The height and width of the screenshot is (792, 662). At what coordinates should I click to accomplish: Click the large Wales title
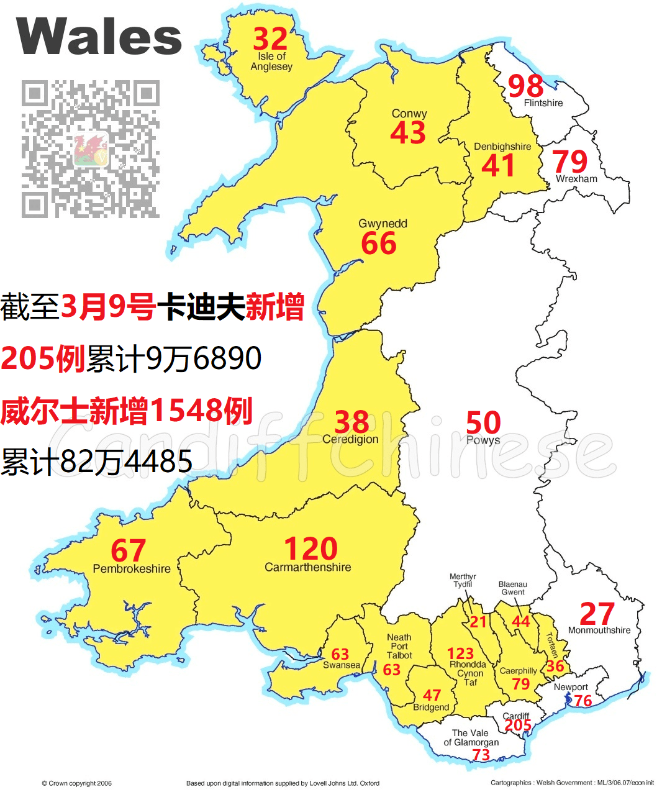(99, 36)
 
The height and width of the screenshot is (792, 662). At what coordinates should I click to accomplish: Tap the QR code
(91, 148)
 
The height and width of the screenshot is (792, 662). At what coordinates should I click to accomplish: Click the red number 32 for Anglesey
(270, 40)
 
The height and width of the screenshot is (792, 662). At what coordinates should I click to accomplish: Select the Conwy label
(409, 114)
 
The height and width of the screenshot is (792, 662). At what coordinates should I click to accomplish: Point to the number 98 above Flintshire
(525, 86)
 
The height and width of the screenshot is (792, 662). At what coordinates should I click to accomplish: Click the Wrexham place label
(576, 179)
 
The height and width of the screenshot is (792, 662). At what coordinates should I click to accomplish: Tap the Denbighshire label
(502, 147)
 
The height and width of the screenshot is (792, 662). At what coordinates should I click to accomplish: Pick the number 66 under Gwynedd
(379, 243)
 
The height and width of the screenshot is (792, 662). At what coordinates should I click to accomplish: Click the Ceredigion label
(350, 439)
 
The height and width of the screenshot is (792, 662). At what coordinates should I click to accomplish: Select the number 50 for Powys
(483, 423)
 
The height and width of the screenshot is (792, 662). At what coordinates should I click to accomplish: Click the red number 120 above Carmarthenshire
(311, 549)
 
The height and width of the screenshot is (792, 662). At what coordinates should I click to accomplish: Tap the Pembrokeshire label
(132, 568)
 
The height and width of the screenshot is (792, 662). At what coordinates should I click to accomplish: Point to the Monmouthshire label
(599, 630)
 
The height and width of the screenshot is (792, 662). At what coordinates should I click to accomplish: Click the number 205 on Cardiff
(518, 726)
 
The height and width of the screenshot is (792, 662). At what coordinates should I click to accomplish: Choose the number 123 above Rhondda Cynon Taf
(460, 653)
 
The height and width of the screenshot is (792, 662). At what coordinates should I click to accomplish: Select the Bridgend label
(431, 708)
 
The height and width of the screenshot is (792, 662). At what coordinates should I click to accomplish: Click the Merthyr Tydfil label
(463, 580)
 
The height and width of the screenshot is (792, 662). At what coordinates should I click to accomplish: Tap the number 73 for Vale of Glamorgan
(481, 754)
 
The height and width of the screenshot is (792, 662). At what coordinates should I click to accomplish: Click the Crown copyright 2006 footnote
(76, 783)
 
